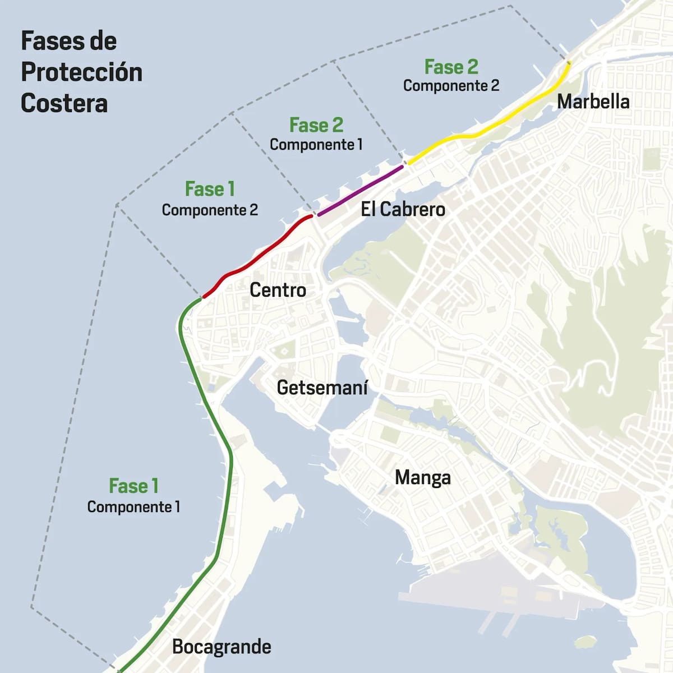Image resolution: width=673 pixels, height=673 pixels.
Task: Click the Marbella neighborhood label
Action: (x=593, y=102)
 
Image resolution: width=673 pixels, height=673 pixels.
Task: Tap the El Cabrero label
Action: (x=403, y=209)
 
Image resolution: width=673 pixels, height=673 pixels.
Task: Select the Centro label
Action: (x=278, y=290)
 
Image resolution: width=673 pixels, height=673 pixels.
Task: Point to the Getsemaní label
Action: (x=322, y=387)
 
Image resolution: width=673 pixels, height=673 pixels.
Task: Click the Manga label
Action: (x=422, y=477)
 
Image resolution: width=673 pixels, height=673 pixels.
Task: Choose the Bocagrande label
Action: (x=222, y=647)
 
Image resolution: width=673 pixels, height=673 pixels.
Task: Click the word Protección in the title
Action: (x=82, y=72)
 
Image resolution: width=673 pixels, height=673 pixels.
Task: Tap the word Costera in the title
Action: (x=64, y=103)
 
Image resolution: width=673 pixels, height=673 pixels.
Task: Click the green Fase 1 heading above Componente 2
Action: (x=210, y=190)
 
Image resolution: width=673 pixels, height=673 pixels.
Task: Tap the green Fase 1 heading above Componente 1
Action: (x=133, y=486)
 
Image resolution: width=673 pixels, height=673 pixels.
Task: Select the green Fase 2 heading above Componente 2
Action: (x=451, y=67)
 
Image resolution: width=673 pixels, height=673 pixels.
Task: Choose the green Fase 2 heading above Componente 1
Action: (x=316, y=125)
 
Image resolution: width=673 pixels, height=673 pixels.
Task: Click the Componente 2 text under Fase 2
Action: (x=451, y=86)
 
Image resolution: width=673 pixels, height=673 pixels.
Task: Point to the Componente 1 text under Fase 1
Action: (x=133, y=507)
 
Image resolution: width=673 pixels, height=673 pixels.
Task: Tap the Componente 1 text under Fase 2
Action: (x=316, y=145)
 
